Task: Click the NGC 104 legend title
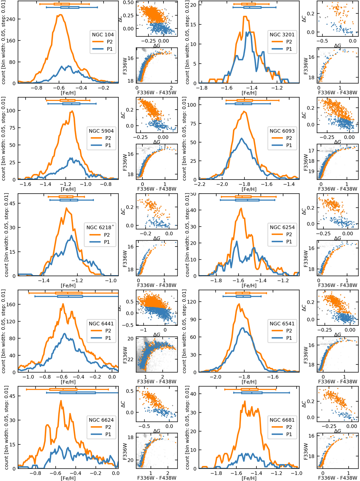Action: click(103, 35)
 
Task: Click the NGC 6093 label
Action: click(282, 131)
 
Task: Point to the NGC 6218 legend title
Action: click(99, 227)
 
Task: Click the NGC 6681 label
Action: click(282, 420)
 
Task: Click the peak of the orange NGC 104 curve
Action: click(60, 15)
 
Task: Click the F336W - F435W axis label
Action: click(157, 92)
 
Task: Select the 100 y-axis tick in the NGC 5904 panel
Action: click(11, 110)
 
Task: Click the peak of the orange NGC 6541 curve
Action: click(239, 304)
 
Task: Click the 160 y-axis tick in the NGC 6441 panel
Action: click(11, 304)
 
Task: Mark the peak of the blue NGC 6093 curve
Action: click(242, 138)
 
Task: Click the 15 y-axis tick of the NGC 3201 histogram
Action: click(193, 25)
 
